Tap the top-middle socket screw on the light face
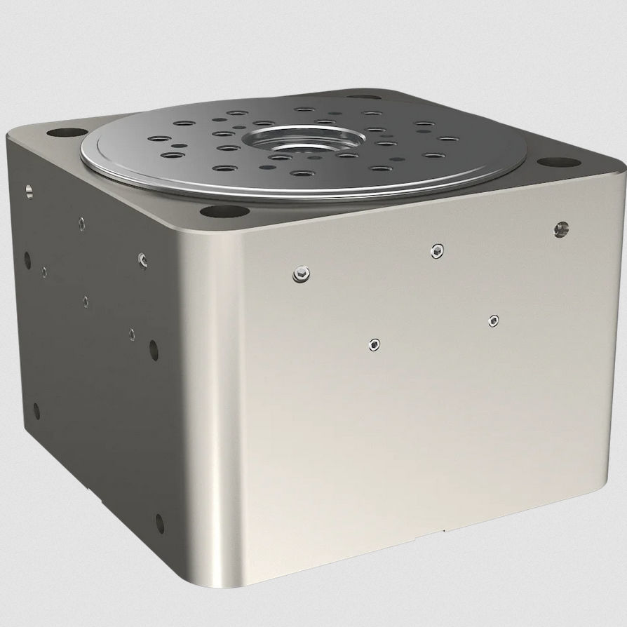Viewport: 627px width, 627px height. (438, 250)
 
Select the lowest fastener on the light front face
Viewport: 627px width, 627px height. (375, 344)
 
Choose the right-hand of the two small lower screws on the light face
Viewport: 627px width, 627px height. (494, 321)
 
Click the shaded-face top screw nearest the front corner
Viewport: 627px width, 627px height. (142, 259)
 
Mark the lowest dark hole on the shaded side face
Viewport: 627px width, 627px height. (159, 523)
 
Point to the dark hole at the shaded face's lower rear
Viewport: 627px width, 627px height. (36, 410)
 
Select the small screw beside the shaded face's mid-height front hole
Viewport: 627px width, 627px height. (132, 335)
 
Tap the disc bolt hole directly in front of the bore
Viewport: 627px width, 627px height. (303, 173)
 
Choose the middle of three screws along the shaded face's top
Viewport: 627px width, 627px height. (82, 223)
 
